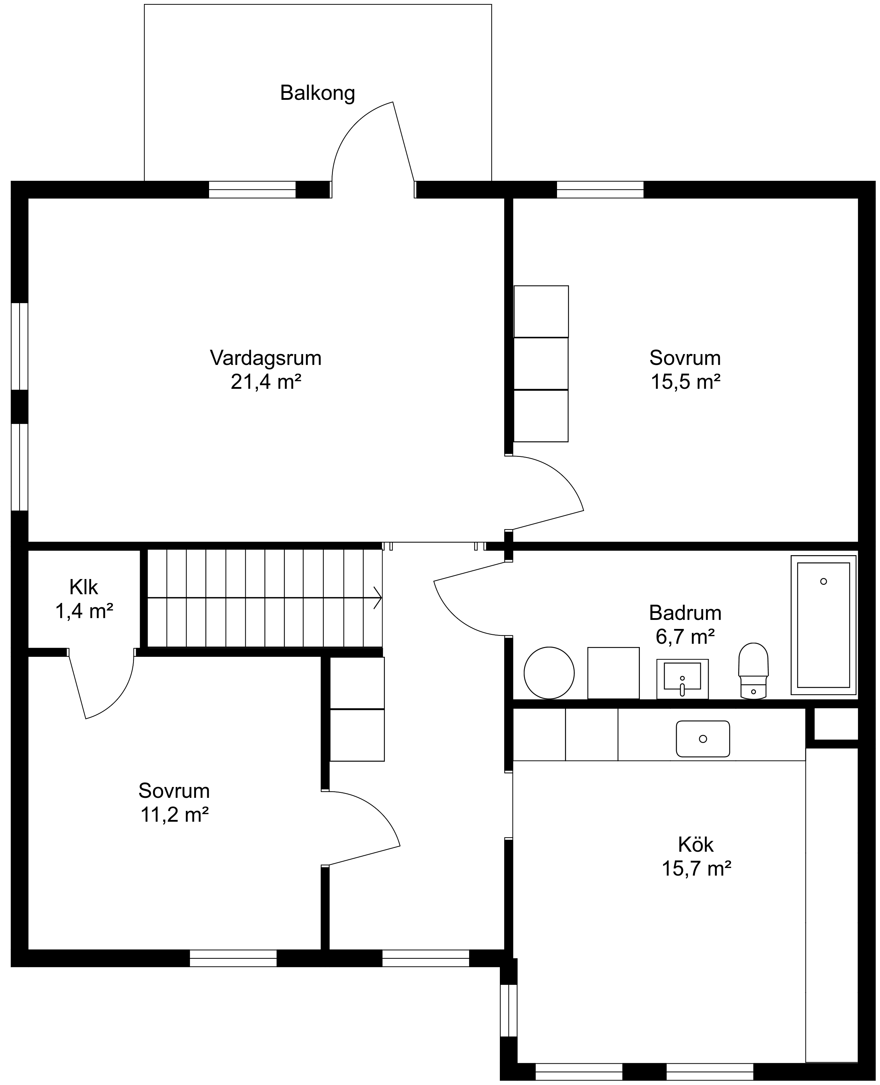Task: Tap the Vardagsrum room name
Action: (x=265, y=358)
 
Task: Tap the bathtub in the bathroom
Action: (x=823, y=625)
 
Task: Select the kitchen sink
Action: (x=702, y=739)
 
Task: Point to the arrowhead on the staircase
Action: (x=378, y=597)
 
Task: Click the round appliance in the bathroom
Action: (x=549, y=673)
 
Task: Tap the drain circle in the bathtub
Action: (x=823, y=581)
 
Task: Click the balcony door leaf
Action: (x=404, y=141)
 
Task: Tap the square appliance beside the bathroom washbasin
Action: (x=613, y=673)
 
